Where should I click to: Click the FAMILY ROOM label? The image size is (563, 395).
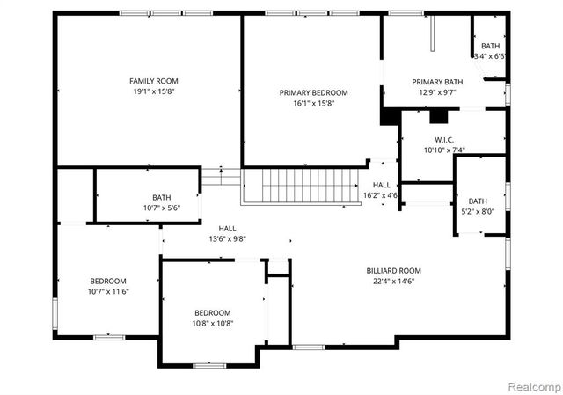click(154, 81)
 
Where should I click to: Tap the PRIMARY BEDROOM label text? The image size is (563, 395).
click(313, 92)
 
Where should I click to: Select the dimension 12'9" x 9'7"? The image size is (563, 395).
click(437, 92)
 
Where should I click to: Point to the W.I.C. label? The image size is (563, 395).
click(443, 140)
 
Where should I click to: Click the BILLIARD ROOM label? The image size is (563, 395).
click(394, 270)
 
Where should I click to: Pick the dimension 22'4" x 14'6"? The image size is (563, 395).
click(394, 281)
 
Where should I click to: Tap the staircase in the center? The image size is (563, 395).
click(302, 186)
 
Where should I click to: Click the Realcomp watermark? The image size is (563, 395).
click(533, 385)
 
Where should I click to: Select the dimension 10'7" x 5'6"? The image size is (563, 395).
click(161, 208)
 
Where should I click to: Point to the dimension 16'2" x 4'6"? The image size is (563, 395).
click(381, 195)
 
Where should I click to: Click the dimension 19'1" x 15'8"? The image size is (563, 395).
click(154, 91)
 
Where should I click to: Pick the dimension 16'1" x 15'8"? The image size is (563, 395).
click(313, 103)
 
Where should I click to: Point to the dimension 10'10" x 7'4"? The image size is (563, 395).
click(443, 150)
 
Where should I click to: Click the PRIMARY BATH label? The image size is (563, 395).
click(437, 82)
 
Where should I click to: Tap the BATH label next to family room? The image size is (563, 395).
click(161, 198)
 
